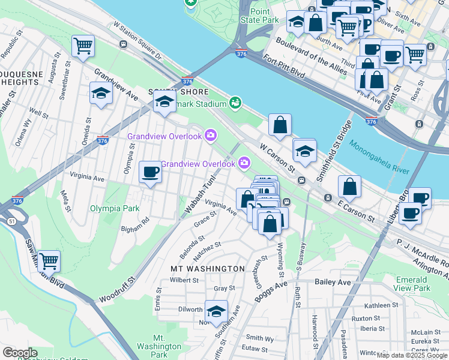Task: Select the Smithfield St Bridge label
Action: click(334, 160)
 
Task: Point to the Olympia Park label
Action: click(115, 208)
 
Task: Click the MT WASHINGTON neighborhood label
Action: click(208, 268)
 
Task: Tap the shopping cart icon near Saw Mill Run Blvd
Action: click(49, 261)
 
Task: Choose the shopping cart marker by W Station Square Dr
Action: click(83, 45)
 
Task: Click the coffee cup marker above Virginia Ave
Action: click(150, 172)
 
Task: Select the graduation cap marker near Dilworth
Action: click(216, 311)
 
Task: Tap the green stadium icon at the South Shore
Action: click(235, 103)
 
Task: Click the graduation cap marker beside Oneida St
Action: click(100, 94)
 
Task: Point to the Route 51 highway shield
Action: click(11, 221)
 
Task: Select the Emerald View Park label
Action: click(413, 284)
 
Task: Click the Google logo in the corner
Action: click(20, 353)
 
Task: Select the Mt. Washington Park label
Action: click(159, 346)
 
